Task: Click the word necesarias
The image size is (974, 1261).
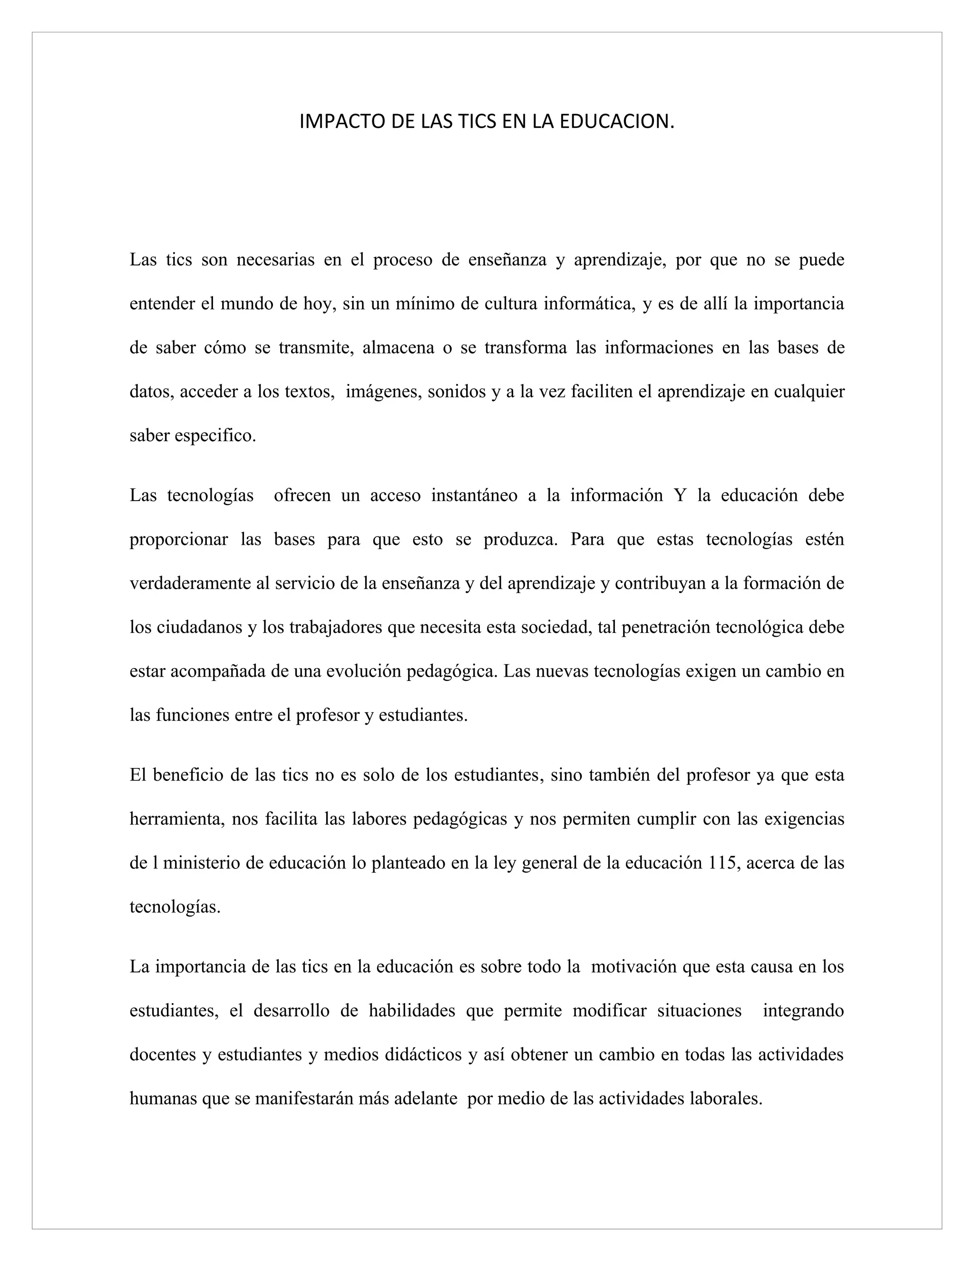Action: click(276, 260)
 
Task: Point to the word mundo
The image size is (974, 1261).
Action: click(246, 304)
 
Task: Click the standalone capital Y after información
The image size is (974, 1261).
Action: click(680, 495)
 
